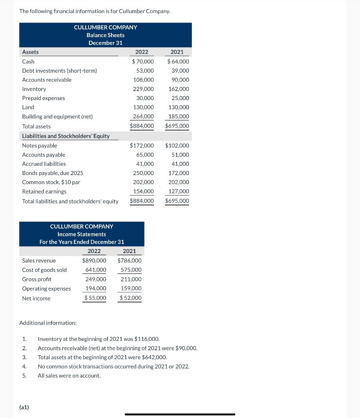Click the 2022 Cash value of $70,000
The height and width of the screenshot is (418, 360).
(143, 62)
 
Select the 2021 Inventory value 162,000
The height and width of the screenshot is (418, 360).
(178, 89)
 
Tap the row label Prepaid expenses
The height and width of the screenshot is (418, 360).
(43, 98)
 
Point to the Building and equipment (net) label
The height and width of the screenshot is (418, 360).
(57, 116)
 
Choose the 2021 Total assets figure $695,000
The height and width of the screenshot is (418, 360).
(177, 126)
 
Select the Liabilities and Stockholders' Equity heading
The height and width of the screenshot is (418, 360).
(66, 136)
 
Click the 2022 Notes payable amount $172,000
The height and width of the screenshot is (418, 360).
(142, 146)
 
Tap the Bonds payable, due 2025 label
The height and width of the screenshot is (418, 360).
(52, 173)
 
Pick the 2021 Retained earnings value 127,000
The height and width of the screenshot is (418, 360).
(178, 191)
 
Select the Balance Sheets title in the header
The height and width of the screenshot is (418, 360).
(105, 35)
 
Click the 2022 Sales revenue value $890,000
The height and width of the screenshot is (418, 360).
(94, 260)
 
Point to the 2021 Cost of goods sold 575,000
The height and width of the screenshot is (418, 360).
(131, 270)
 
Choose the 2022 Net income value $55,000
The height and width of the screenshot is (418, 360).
(95, 298)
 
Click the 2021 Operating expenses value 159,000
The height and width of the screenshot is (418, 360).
(131, 289)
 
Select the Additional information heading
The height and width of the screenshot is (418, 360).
(48, 323)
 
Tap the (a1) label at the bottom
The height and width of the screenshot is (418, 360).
(24, 407)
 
